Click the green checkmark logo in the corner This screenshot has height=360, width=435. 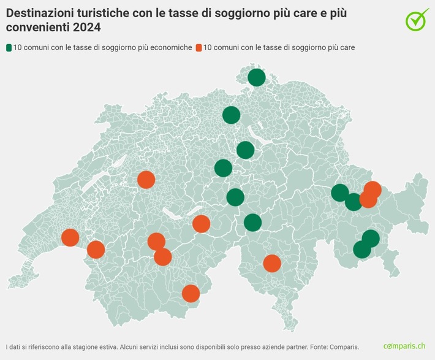point(417,20)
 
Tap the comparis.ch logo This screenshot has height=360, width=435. point(404,347)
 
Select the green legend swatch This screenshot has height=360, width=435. point(9,47)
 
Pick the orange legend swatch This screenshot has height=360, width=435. point(199,47)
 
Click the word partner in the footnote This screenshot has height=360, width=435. point(290,347)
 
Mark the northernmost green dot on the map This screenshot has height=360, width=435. point(257,77)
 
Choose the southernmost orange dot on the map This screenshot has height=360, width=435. point(191,294)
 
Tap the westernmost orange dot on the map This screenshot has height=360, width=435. point(70,237)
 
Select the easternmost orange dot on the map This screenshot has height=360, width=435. point(373,190)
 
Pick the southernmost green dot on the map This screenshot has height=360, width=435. point(362,250)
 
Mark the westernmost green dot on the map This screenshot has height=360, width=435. point(223,168)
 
